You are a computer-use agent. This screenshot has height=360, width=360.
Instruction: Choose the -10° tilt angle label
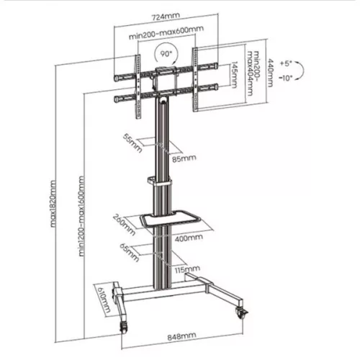click(x=288, y=78)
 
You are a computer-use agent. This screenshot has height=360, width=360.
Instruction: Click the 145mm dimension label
click(x=234, y=74)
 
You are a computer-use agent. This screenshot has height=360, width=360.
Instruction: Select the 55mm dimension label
click(x=131, y=142)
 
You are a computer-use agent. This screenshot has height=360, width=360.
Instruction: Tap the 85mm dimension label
click(x=184, y=158)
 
